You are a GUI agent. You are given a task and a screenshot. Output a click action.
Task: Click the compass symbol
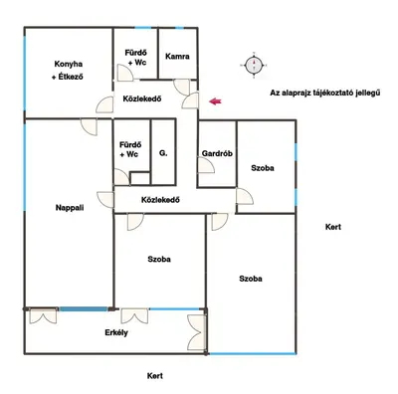pos(254,65)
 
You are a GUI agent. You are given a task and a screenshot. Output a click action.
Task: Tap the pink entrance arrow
pos(215,101)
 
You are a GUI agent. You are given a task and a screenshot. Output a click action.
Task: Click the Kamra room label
pos(177,56)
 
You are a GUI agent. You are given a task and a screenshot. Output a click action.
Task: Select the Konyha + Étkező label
pos(68,71)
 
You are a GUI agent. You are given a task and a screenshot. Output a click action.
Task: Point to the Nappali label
pos(70,208)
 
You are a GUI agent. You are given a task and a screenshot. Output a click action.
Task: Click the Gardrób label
pos(217,153)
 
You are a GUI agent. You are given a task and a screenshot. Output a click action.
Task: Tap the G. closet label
pos(163,153)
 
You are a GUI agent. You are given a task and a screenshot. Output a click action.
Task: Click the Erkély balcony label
pos(116,332)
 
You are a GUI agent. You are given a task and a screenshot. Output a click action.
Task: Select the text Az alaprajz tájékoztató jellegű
pos(324,93)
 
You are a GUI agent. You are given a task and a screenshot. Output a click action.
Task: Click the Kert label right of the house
pos(333,227)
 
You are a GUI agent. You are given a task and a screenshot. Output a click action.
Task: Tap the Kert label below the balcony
pos(155,376)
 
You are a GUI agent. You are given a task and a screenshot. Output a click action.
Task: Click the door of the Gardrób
pos(206,165)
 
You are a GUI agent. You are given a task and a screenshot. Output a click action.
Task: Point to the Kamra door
pos(182,87)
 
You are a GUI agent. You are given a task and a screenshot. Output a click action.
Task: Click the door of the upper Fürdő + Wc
pos(125,73)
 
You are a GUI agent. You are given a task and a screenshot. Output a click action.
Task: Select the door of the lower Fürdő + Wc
pos(121,177)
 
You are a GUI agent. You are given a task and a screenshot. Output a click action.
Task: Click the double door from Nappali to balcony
pos(43,315)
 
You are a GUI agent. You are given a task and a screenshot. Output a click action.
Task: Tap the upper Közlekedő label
pos(142,98)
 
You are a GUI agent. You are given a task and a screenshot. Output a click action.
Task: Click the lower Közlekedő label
pos(160,200)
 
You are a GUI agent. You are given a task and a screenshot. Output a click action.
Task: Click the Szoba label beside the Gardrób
pos(263,168)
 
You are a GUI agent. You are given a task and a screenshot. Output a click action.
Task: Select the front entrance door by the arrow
pos(190,100)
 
